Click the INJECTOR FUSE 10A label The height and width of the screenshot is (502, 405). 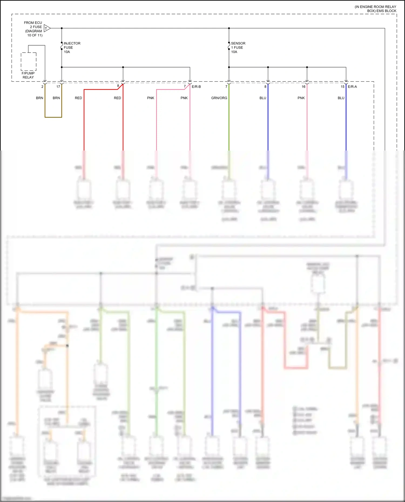pyautogui.click(x=72, y=47)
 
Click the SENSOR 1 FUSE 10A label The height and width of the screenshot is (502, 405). pyautogui.click(x=238, y=47)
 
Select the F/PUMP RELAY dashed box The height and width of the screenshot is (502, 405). pyautogui.click(x=29, y=62)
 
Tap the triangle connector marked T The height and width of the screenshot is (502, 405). pyautogui.click(x=47, y=28)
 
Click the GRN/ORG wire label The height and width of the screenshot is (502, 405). pyautogui.click(x=219, y=98)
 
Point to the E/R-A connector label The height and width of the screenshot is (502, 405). pyautogui.click(x=352, y=87)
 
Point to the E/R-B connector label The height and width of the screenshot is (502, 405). pyautogui.click(x=196, y=87)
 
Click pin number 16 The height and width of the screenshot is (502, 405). pyautogui.click(x=303, y=87)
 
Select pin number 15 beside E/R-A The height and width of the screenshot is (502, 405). pyautogui.click(x=342, y=87)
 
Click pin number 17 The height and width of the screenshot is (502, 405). pyautogui.click(x=58, y=87)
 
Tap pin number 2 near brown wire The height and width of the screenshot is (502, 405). pyautogui.click(x=42, y=87)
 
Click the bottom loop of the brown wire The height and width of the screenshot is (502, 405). pyautogui.click(x=53, y=117)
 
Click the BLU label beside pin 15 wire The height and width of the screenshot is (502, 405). pyautogui.click(x=341, y=98)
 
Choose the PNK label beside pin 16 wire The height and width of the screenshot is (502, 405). pyautogui.click(x=301, y=98)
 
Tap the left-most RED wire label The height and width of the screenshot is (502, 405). pyautogui.click(x=78, y=98)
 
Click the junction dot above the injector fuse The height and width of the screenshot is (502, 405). pyautogui.click(x=62, y=28)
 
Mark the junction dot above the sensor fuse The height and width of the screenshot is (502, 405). pyautogui.click(x=229, y=28)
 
